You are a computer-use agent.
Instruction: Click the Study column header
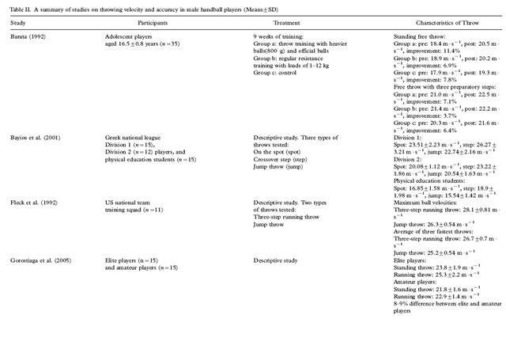17,22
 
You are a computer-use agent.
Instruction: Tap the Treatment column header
268,22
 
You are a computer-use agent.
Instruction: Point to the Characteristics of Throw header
430,22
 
